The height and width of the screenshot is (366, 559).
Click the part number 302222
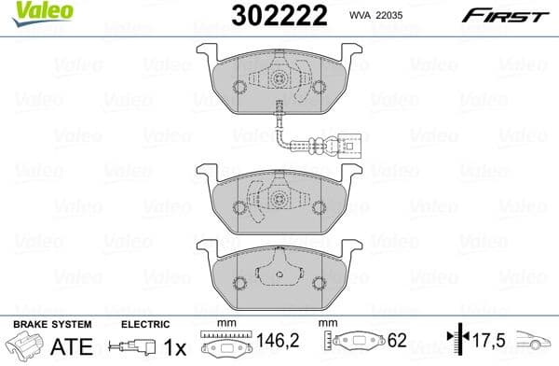(x=272, y=17)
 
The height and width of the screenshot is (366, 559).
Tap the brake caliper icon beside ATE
(x=25, y=345)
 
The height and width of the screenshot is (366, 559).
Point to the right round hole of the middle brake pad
(x=320, y=200)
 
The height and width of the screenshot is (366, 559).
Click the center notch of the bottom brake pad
(x=279, y=273)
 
